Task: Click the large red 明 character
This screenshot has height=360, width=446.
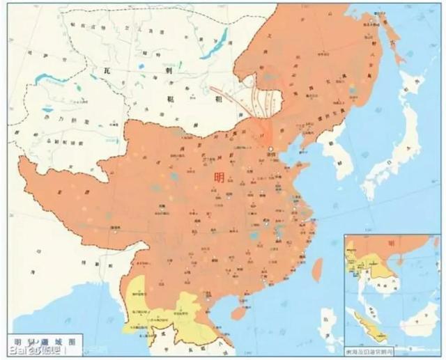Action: click(221, 179)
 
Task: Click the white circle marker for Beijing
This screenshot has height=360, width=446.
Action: click(271, 149)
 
